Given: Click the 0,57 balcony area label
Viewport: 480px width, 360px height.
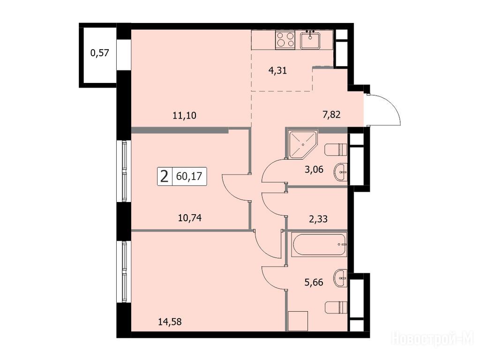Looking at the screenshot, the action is [x=99, y=53].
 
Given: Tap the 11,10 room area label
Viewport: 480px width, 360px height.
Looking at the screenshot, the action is [x=184, y=116].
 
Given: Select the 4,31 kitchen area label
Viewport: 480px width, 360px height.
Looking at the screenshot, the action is [x=277, y=71].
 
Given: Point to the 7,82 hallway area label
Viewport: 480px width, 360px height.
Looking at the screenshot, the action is [x=331, y=115].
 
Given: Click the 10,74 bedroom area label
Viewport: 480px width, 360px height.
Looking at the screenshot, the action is [x=189, y=218].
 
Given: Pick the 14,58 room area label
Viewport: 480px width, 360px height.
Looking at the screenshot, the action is [x=170, y=322].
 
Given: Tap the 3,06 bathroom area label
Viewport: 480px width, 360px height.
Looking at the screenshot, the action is [x=314, y=169].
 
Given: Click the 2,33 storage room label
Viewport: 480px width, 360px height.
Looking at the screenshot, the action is [x=318, y=219].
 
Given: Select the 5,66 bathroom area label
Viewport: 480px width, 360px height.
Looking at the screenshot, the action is [x=314, y=282].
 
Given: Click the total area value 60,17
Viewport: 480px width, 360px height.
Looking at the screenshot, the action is [x=189, y=176].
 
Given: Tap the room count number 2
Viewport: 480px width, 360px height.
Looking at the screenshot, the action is [x=165, y=177].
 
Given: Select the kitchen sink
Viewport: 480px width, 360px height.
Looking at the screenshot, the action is [x=310, y=40].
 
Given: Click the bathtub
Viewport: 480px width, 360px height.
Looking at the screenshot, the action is [x=319, y=245].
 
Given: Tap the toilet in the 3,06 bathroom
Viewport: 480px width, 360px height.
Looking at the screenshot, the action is [x=336, y=149].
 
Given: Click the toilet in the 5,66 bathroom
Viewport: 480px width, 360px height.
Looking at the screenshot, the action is [x=336, y=307].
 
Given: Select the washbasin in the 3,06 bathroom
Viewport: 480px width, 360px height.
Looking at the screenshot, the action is [x=340, y=172].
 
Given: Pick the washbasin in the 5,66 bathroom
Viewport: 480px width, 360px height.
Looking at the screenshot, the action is [x=340, y=278].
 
